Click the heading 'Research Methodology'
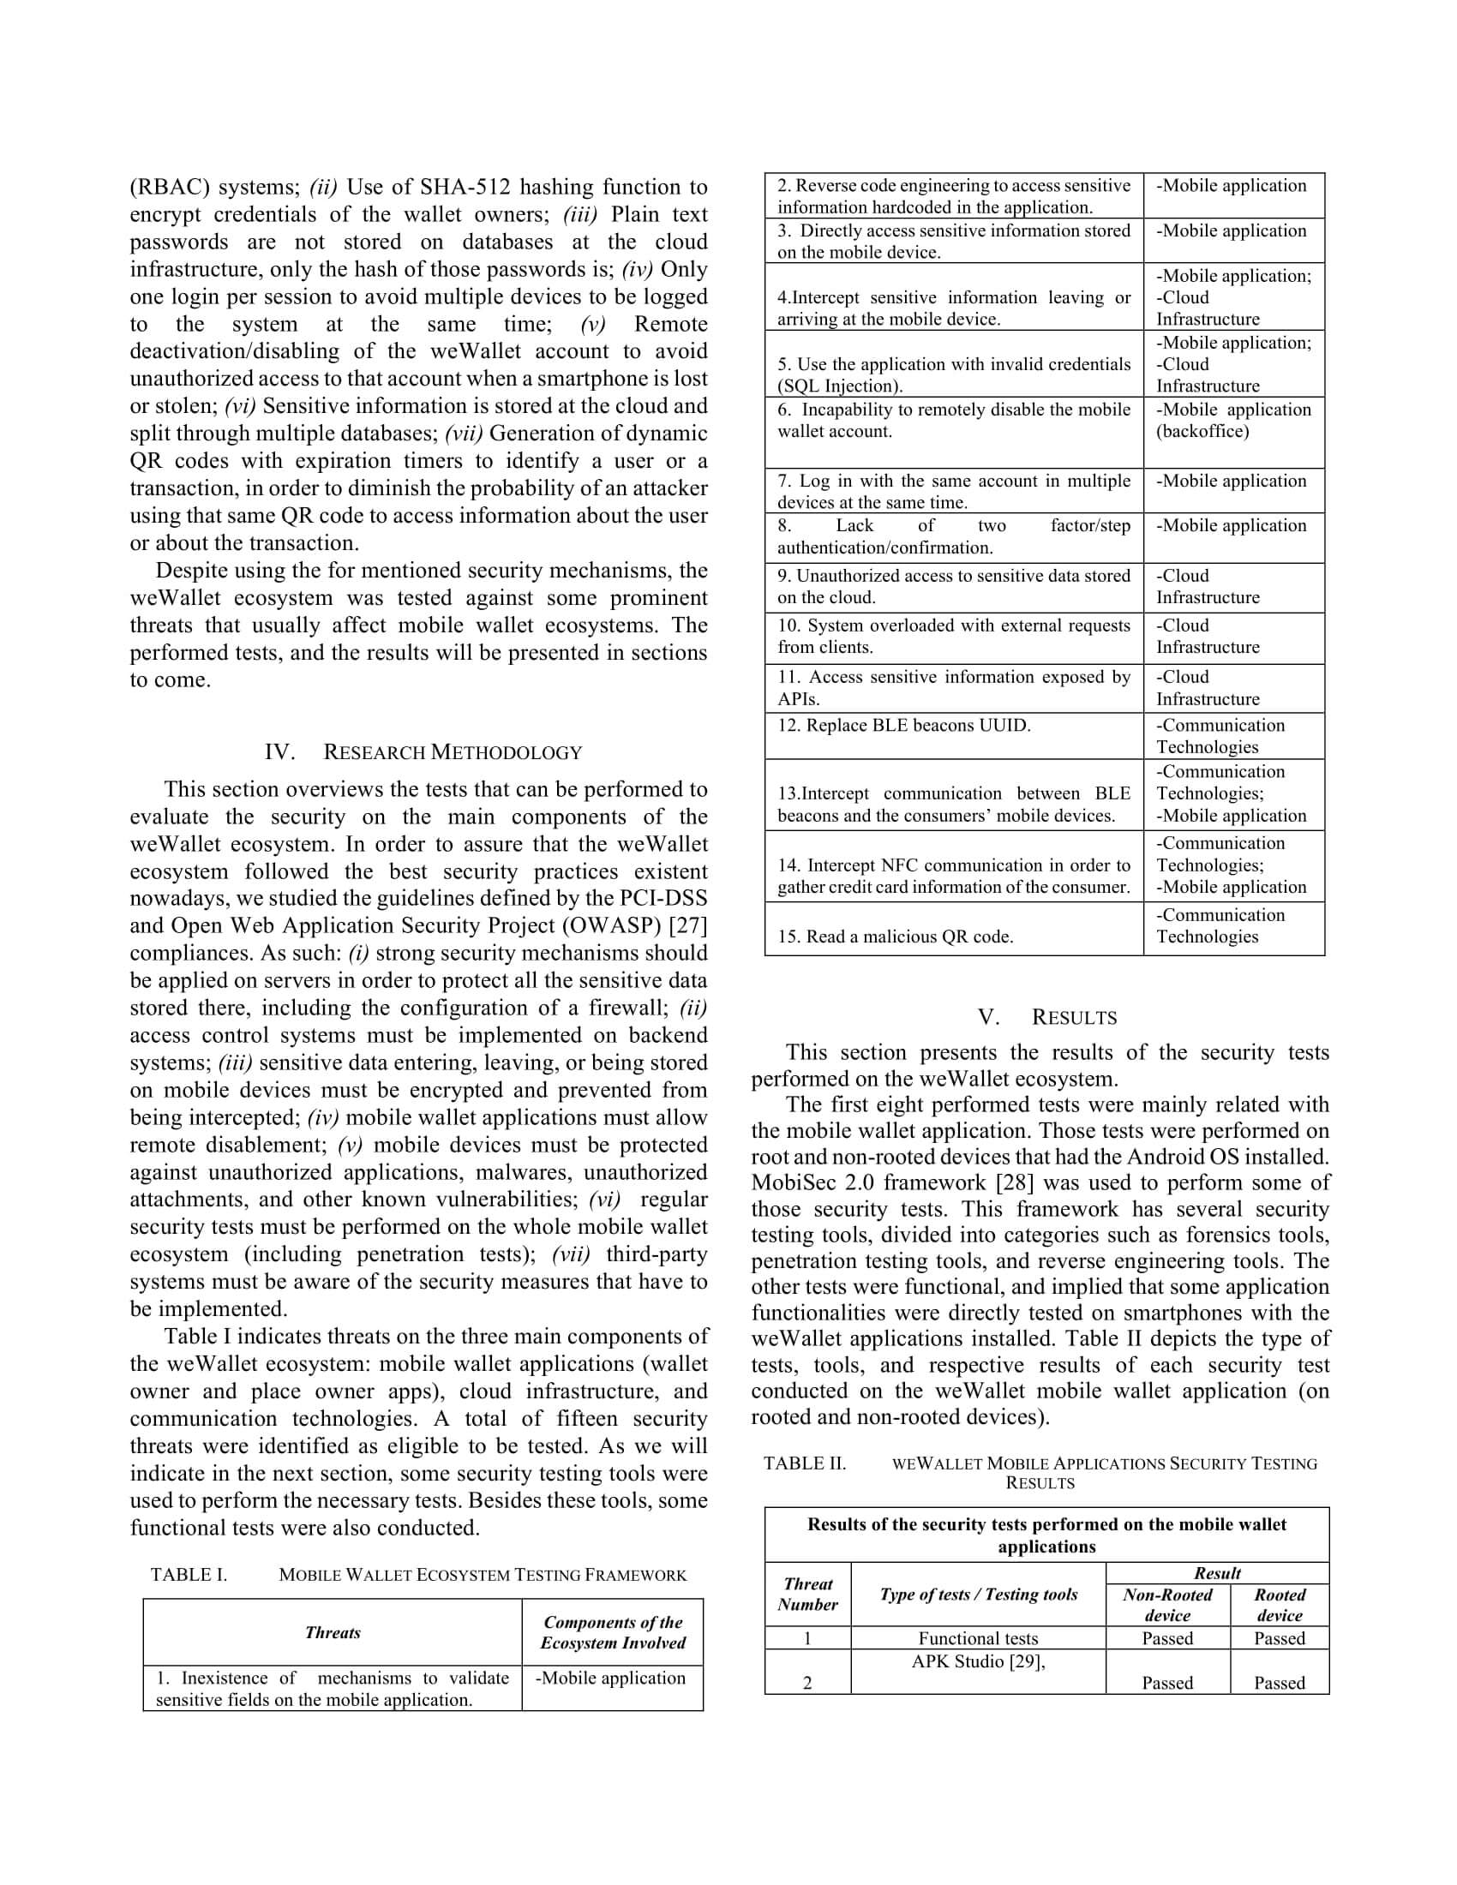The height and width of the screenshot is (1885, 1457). coord(453,752)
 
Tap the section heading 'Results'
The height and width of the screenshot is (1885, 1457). coord(1074,1018)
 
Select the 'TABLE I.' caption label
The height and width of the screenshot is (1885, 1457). coord(189,1575)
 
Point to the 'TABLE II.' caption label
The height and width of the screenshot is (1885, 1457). coord(805,1463)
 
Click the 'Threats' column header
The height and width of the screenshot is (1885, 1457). coord(333,1633)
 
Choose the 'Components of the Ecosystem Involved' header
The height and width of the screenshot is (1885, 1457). coord(613,1633)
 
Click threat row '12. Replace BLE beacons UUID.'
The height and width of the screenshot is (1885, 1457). coord(903,726)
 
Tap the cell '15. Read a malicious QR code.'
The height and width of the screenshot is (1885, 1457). coord(895,937)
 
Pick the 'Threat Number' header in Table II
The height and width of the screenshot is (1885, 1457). coord(808,1595)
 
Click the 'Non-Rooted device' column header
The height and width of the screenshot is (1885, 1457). coord(1167,1606)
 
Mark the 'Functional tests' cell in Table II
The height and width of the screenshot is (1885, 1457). coord(978,1639)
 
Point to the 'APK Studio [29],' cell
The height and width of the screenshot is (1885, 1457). coord(978,1662)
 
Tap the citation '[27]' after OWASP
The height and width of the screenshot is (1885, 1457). coord(688,926)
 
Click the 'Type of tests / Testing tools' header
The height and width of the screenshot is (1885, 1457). coord(978,1595)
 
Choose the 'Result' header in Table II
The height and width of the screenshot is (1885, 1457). coord(1217,1573)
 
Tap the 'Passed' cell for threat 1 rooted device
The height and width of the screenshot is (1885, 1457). coord(1280,1639)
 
